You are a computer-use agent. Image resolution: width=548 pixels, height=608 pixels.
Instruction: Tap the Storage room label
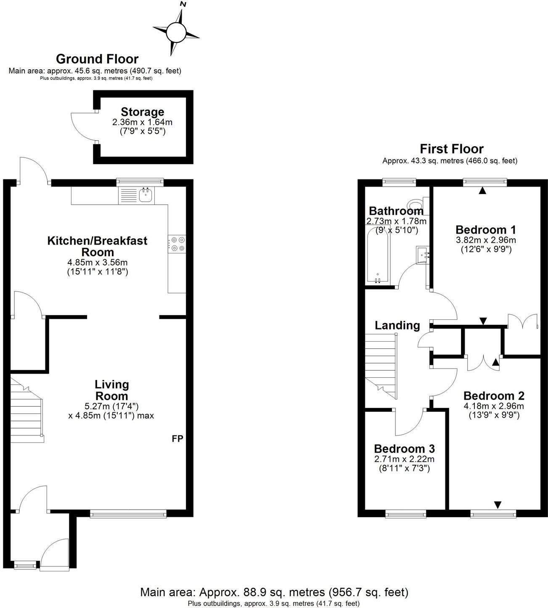coord(142,112)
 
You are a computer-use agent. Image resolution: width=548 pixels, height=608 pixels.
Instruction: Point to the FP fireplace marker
coord(177,439)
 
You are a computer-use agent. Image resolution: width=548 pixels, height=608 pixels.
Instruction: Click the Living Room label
coord(112,390)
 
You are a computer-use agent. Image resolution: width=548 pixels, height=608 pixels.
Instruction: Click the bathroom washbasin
coord(422,254)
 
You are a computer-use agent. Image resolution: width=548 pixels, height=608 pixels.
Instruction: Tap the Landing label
coord(397,325)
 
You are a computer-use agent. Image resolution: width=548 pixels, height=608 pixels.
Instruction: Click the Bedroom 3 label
coord(404,448)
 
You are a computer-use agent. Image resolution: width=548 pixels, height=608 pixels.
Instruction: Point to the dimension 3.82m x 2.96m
coord(486,240)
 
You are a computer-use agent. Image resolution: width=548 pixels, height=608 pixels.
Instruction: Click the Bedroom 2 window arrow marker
coord(498,504)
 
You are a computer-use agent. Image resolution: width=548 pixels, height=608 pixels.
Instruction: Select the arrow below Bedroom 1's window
coord(482,190)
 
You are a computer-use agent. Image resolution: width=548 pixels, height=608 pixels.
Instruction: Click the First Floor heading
coord(451,149)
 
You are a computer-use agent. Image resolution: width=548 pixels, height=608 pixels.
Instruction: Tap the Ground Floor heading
coord(97,59)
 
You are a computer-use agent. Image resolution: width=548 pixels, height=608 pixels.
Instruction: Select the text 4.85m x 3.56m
coord(97,263)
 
